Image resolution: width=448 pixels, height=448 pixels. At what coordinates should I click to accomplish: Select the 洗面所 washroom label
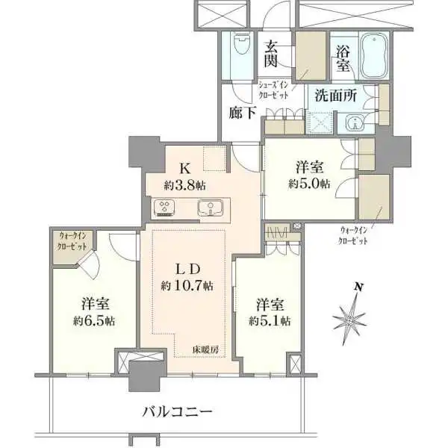point(335,96)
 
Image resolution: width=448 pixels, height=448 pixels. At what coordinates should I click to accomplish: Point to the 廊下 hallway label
point(243,113)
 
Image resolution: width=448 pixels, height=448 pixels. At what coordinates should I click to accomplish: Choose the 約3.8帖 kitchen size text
point(185,184)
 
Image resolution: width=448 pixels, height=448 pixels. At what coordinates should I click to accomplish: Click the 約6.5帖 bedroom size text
point(93,320)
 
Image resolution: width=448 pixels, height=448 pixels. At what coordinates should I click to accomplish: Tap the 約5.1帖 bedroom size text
point(270,320)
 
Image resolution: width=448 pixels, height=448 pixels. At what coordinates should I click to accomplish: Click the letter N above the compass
point(358,287)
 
